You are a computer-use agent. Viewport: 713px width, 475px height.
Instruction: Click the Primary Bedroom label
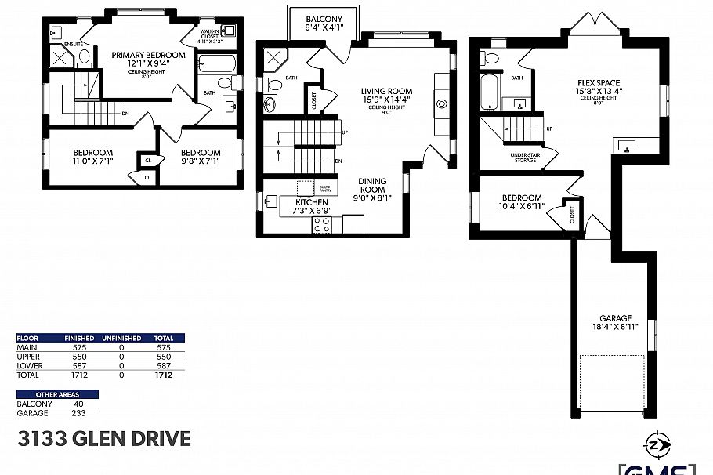(148, 55)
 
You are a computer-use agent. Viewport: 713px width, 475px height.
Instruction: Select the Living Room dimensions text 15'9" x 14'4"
(386, 100)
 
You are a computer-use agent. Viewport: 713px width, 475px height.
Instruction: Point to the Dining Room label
(372, 185)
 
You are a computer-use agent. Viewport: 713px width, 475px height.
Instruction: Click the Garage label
(615, 318)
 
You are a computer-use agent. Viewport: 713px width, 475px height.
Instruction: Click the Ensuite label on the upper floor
(74, 44)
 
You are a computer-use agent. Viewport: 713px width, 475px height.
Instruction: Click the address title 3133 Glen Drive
(103, 437)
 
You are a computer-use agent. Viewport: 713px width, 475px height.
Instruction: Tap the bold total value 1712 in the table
(163, 375)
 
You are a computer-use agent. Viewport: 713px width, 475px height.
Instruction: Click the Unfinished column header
(121, 339)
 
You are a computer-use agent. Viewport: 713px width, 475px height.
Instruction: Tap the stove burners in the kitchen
(321, 224)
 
